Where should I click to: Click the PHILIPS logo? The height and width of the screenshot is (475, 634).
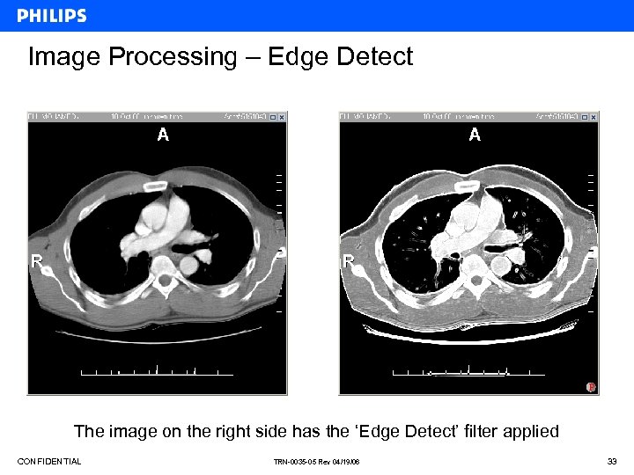tap(52, 16)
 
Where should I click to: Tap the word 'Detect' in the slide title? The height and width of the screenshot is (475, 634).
tap(374, 57)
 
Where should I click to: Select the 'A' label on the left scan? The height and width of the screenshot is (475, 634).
tap(162, 134)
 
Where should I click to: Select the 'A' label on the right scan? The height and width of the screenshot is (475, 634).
tap(475, 134)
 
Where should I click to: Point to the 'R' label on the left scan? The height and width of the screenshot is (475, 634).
tap(37, 260)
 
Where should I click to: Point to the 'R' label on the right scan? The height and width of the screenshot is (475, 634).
tap(349, 261)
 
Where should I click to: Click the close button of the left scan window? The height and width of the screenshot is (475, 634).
tap(283, 116)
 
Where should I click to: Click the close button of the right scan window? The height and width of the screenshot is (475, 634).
tap(593, 116)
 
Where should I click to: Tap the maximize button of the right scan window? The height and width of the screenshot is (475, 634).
tap(585, 116)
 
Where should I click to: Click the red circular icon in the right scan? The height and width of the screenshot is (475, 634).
tap(591, 386)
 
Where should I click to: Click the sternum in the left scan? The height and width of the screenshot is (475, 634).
tap(158, 186)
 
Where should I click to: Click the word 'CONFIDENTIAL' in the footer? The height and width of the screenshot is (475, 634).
tap(49, 462)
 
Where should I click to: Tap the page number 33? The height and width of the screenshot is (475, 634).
tap(612, 462)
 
